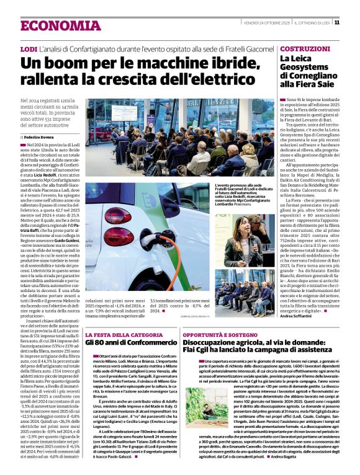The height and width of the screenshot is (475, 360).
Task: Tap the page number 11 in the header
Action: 336,22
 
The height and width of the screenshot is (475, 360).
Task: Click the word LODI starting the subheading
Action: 28,48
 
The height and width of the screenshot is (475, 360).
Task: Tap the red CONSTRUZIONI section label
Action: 304,48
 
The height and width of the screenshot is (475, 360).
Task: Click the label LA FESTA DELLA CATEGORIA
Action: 119,335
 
